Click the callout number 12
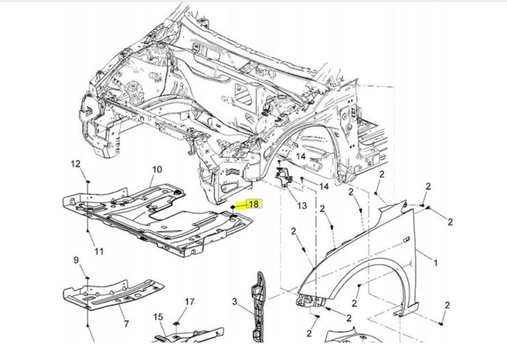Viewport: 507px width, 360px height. coord(76,164)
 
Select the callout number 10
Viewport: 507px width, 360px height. coord(157,170)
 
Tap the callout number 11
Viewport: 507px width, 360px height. coord(98,251)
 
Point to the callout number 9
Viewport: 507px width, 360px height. coord(76,260)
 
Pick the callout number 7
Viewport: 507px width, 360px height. coord(127,324)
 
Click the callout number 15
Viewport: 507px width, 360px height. coord(158,316)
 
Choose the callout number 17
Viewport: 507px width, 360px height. coord(189,301)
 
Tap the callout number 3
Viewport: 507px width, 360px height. coord(235,301)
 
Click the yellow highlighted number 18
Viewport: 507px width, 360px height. coord(253,204)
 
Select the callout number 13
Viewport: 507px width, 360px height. coord(302,206)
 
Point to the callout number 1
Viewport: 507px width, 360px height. coord(435,263)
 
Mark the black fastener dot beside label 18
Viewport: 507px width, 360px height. coord(233,207)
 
